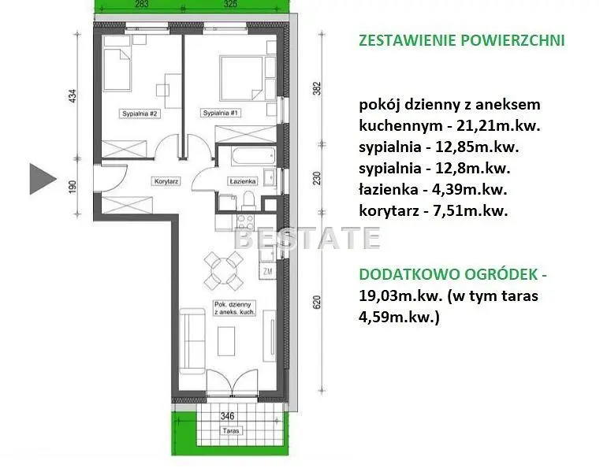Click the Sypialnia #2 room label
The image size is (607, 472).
pos(139,113)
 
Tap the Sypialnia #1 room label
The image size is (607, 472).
pos(220,113)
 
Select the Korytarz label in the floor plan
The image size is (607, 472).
pos(166,181)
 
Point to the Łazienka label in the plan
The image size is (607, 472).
pos(243,181)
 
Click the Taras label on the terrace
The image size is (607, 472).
pos(231,430)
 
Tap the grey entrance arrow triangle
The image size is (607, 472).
pos(42,179)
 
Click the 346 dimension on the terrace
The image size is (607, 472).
pos(227,416)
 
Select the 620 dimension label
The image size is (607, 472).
pos(317,302)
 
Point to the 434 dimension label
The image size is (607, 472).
pos(73,96)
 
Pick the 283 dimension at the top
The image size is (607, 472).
pos(142,4)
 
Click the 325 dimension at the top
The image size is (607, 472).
pos(230,4)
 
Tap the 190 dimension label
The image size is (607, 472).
pos(73,187)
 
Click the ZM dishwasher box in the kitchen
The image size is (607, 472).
pos(267,271)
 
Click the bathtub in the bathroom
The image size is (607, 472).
pos(253,156)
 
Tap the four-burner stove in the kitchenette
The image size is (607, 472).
pos(245,222)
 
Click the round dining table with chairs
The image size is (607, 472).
pos(223,270)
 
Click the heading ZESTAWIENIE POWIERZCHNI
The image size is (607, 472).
pos(462,40)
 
